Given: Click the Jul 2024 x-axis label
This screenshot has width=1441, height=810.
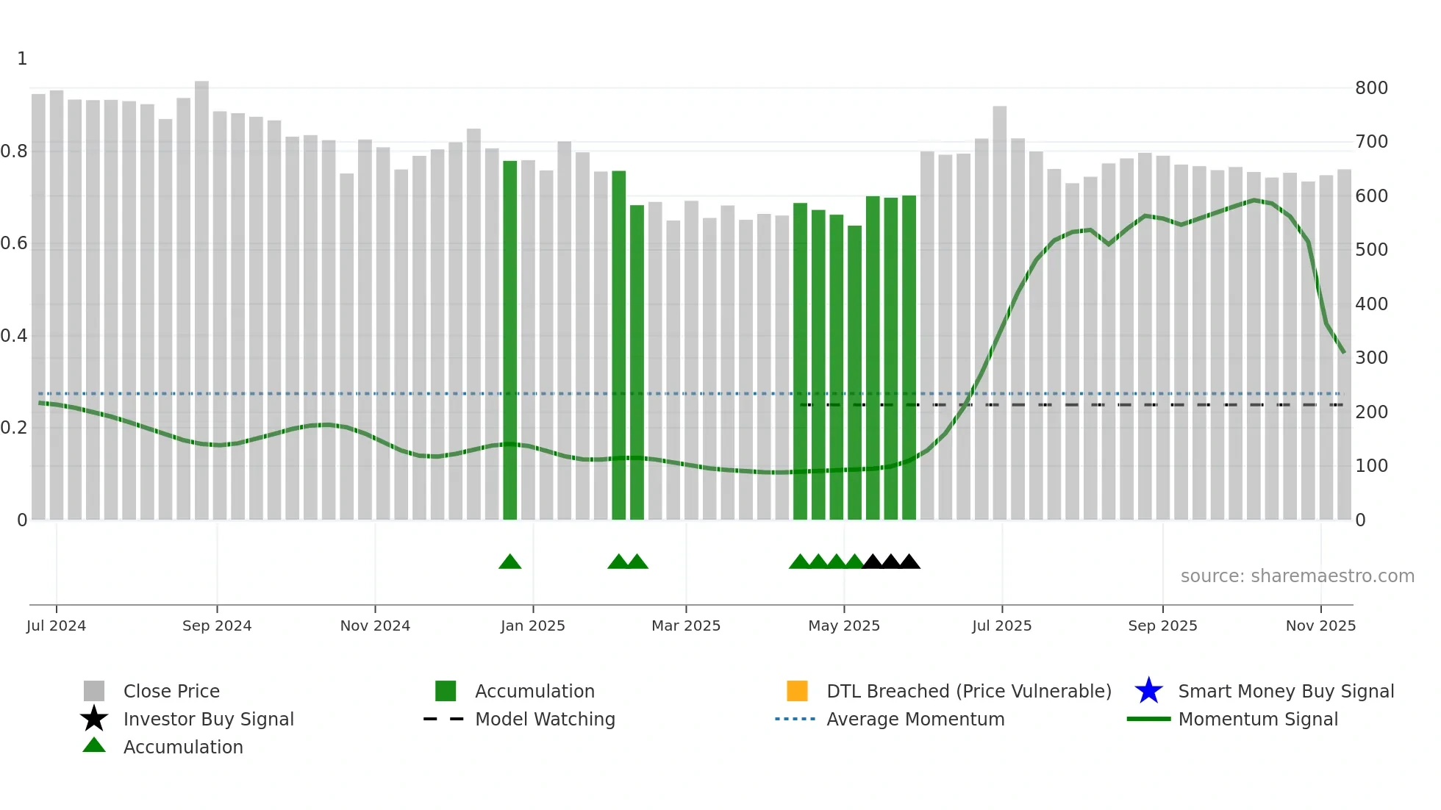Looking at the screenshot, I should [56, 626].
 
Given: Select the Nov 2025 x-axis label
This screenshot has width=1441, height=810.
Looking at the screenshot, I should [1320, 626].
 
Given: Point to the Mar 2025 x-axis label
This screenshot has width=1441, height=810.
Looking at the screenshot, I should [686, 626].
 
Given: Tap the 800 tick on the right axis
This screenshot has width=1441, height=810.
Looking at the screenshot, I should [1371, 88].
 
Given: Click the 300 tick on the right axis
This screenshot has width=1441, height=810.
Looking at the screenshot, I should [1371, 358].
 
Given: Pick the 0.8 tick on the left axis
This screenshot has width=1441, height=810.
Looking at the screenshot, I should [14, 151].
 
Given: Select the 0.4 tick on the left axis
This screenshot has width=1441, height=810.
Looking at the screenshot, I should [14, 336].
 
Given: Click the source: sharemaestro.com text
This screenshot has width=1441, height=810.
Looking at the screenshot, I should [1297, 576].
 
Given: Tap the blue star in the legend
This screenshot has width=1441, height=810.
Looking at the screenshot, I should [1148, 691].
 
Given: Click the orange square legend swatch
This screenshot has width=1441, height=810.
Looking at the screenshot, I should [797, 691].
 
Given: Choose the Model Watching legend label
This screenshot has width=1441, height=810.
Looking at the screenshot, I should [545, 719].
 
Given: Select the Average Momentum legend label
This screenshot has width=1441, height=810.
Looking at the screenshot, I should [915, 719].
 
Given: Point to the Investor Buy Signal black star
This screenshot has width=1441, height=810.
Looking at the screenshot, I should [94, 719].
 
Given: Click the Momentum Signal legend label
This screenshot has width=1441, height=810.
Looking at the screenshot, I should [1258, 719].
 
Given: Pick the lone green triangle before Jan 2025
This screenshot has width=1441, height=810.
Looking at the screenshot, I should [509, 562].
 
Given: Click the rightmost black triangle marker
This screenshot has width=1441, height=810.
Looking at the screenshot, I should [909, 562].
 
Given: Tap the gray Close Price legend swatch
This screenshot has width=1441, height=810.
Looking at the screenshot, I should [94, 691].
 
